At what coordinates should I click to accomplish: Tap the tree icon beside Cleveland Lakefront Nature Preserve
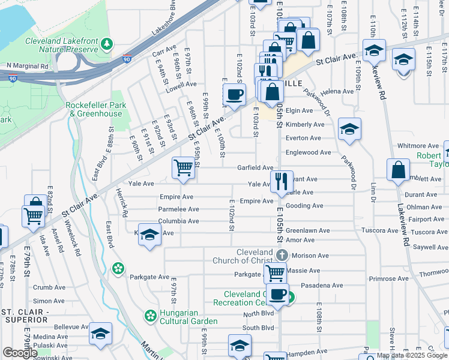[107, 44]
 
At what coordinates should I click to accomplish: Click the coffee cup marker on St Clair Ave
[234, 94]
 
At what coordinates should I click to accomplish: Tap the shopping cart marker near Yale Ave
[183, 168]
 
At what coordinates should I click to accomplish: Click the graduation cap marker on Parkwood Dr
[349, 129]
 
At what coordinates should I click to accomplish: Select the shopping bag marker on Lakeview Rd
[398, 170]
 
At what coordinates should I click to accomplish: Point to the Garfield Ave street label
[255, 168]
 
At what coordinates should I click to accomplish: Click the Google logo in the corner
[20, 353]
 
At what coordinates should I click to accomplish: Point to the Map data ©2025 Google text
[412, 355]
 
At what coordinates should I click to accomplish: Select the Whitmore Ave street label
[418, 146]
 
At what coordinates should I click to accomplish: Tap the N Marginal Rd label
[27, 65]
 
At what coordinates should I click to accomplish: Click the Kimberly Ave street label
[305, 124]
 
